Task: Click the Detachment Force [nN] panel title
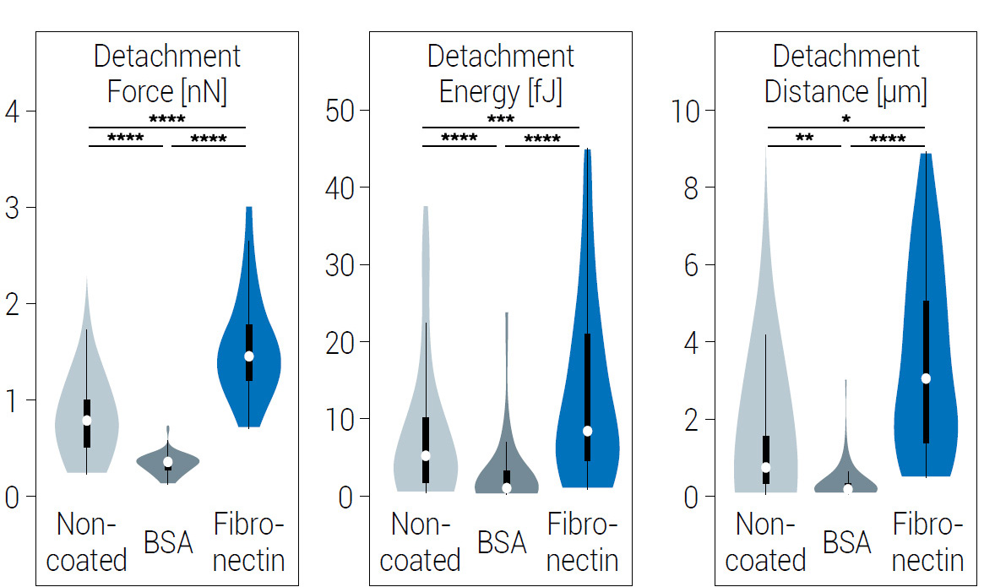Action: coord(166,74)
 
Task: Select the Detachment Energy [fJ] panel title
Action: coord(500,74)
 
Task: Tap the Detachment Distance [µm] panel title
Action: coord(845,74)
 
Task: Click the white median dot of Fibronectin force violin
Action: coord(249,356)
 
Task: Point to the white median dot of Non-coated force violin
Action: coord(86,420)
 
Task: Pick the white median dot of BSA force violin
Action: coord(168,462)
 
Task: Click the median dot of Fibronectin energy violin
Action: coord(587,431)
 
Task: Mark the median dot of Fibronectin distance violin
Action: coord(926,378)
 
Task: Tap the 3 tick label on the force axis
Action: coord(11,209)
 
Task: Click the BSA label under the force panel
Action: coord(168,542)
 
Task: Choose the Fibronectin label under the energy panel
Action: coord(583,542)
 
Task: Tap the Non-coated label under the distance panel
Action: coord(765,542)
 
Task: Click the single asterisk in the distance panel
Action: coord(846,120)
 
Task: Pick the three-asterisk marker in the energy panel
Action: coord(500,120)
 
